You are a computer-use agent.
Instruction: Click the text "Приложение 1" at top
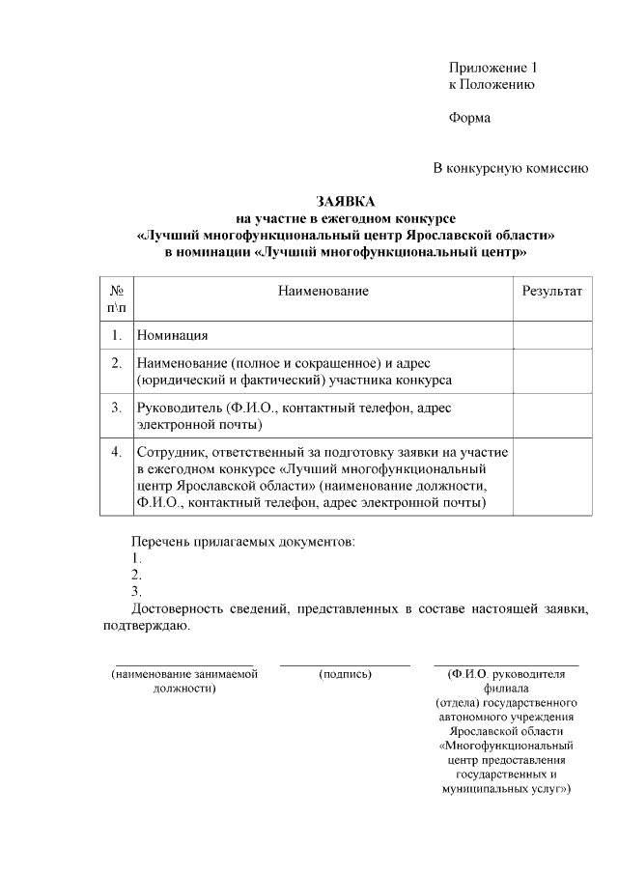(492, 68)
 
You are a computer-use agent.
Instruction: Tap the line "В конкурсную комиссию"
(510, 168)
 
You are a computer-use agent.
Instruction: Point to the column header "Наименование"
(323, 290)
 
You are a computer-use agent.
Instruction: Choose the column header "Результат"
(551, 290)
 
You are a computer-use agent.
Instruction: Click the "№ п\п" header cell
(116, 298)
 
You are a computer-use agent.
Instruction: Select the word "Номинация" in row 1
(173, 335)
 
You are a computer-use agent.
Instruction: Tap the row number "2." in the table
(116, 363)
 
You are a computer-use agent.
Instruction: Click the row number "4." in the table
(116, 451)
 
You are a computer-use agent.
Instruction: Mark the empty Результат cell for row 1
(551, 335)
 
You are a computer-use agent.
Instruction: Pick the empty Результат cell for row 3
(551, 415)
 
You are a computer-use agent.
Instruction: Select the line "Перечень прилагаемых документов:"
(242, 542)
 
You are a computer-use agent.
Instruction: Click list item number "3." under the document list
(136, 591)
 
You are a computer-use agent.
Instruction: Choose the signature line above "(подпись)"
(345, 664)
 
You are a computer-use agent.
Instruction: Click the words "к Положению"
(492, 85)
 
